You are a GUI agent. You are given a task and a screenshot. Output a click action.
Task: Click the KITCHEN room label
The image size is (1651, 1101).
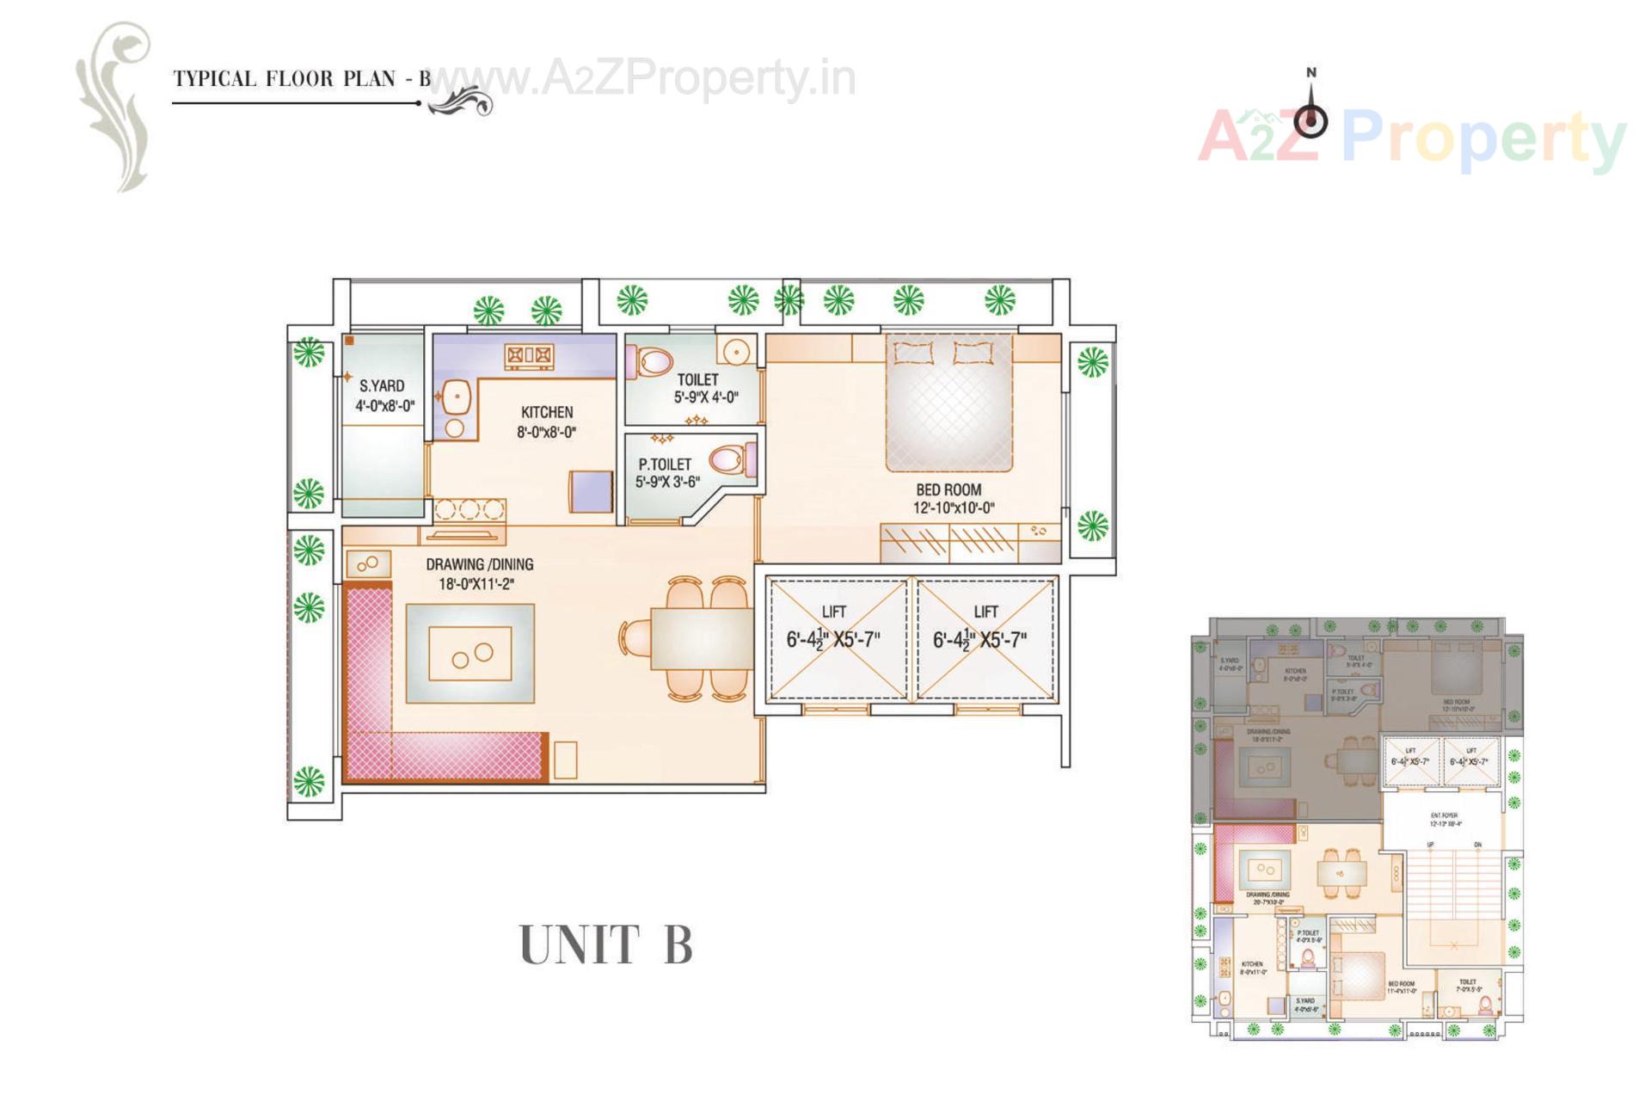(547, 412)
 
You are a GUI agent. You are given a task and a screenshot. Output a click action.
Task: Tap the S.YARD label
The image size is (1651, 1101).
(381, 386)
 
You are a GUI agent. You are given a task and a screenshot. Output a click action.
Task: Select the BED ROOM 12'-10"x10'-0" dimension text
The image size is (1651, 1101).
(954, 507)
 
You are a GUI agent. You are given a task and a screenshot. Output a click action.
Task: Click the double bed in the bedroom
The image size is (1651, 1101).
(949, 404)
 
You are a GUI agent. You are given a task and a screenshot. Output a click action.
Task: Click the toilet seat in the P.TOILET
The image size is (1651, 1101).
(730, 458)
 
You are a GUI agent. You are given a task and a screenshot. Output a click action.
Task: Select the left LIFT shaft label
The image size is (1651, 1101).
(833, 612)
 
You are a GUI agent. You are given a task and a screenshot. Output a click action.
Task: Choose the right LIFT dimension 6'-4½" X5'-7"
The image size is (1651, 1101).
(979, 641)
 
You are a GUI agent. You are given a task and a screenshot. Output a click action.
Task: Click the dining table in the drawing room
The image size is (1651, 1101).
(700, 637)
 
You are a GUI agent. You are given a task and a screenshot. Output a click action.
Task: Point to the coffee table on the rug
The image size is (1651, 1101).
(470, 654)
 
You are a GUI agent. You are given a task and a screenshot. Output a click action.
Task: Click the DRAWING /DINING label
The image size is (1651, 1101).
(480, 564)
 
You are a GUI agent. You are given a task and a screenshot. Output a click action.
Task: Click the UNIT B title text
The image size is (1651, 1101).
(605, 944)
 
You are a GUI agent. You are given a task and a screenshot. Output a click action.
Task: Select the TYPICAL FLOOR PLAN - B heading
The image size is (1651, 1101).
(301, 79)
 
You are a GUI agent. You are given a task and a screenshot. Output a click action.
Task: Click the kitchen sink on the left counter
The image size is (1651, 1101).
(457, 397)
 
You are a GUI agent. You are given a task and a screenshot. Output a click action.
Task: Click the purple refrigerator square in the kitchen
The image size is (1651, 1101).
(592, 490)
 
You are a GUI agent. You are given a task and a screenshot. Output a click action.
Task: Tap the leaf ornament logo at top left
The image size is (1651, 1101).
(116, 103)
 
